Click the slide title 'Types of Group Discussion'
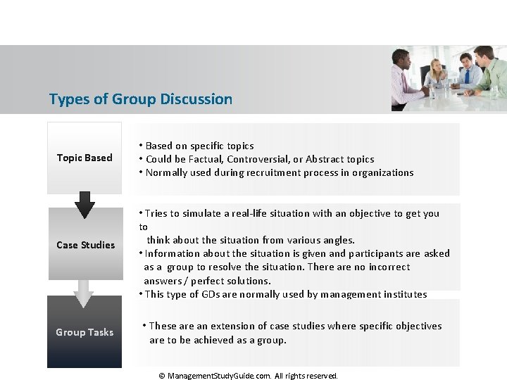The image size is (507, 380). point(140,99)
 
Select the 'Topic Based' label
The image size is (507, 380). point(84,158)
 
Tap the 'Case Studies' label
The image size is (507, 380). point(85,245)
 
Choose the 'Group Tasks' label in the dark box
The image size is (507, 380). point(84,332)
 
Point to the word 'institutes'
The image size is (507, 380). point(403,294)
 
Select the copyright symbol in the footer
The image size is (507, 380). point(161,376)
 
